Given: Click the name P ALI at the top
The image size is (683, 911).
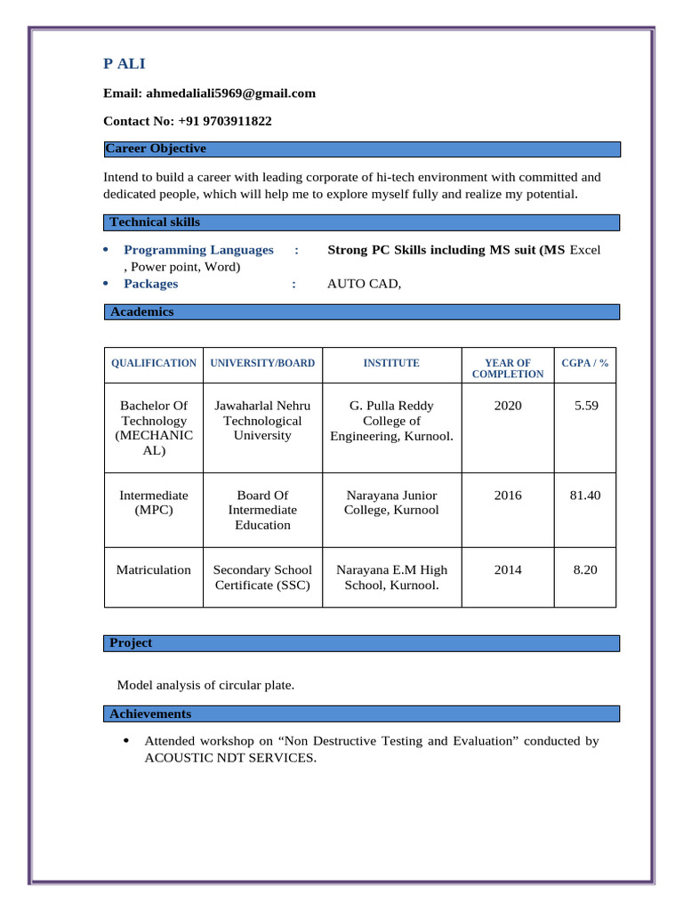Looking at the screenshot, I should (x=124, y=63).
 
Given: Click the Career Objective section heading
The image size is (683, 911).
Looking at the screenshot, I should (x=155, y=149).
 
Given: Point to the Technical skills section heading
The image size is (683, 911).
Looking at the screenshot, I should (x=155, y=222).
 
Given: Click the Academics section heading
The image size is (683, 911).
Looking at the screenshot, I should (x=141, y=312).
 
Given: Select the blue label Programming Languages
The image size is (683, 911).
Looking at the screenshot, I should (x=198, y=250).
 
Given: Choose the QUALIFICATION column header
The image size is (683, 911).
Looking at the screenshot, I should (x=154, y=363).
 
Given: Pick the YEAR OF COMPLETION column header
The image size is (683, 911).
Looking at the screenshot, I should (x=508, y=368).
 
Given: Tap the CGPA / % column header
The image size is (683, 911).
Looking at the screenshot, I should (x=585, y=363).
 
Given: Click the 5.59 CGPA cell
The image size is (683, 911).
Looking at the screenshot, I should (x=586, y=406).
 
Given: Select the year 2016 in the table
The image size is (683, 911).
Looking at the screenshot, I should (x=508, y=495).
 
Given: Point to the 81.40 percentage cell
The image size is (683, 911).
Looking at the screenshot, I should (x=585, y=495).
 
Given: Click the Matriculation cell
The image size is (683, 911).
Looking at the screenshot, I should (x=154, y=569).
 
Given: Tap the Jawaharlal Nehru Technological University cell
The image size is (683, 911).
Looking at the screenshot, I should (x=262, y=421).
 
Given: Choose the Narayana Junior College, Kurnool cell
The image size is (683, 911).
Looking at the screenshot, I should (x=391, y=503).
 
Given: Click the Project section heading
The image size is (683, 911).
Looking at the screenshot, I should (x=131, y=642).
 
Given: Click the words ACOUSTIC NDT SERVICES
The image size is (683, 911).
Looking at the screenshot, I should (x=229, y=758).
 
